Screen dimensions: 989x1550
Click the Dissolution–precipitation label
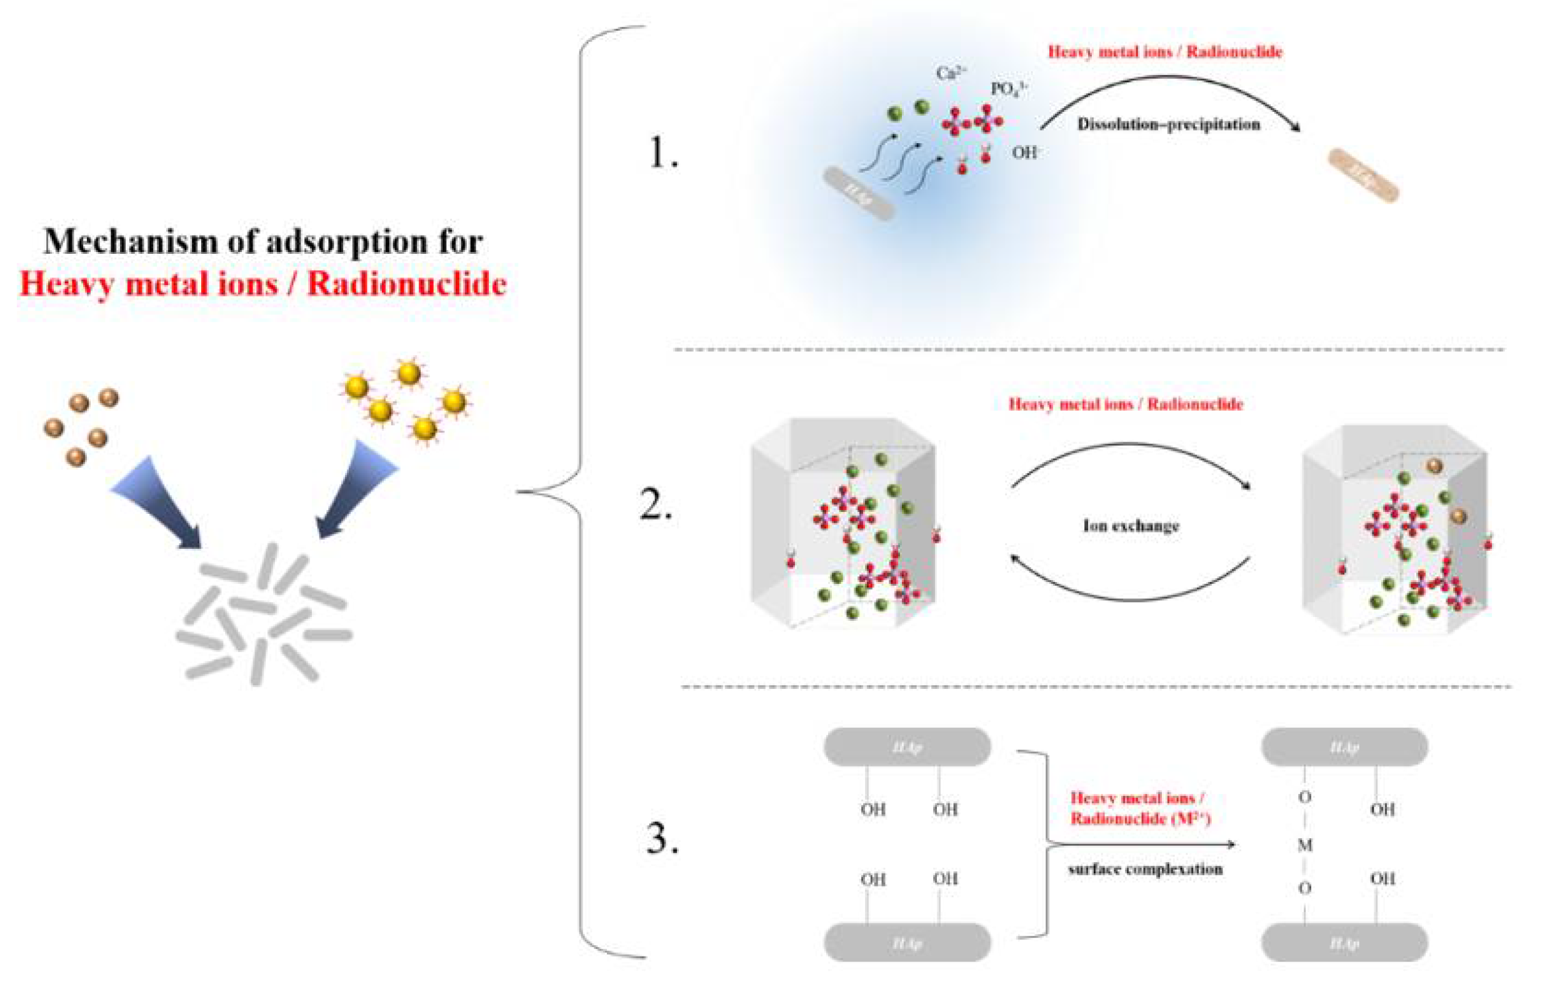click(1168, 124)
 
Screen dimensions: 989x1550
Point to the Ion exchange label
click(1131, 526)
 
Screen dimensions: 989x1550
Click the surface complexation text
click(1145, 869)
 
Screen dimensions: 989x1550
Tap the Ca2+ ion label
click(951, 73)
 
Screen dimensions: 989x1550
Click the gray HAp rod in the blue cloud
click(859, 193)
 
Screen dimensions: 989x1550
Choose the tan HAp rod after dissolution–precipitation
click(1363, 175)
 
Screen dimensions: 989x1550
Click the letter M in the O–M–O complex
click(1305, 845)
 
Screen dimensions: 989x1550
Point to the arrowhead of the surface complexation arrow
click(1230, 844)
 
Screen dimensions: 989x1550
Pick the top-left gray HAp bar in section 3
click(906, 747)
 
